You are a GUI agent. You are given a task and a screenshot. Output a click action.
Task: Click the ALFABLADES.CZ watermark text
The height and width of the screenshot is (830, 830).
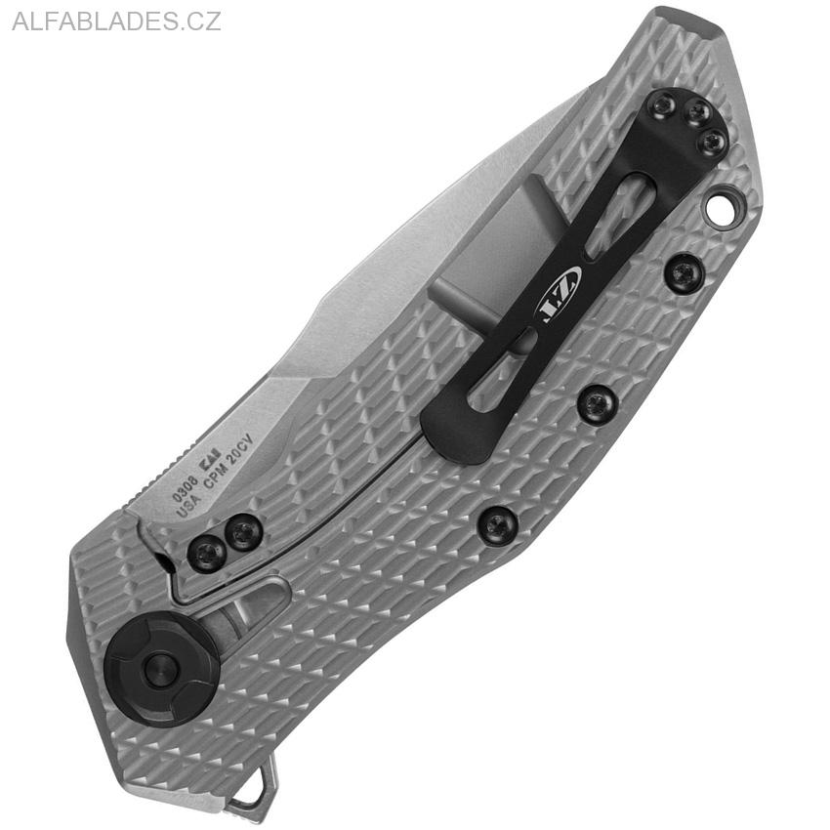point(116,21)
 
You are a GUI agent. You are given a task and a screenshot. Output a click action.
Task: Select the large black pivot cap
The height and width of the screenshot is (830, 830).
point(161,670)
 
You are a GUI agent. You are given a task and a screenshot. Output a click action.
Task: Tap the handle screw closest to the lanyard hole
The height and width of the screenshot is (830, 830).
point(684,271)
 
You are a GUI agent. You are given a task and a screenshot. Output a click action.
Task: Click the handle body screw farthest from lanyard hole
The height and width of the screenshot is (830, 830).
point(498,525)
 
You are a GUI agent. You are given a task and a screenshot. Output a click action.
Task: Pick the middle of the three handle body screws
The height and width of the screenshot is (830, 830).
point(597,402)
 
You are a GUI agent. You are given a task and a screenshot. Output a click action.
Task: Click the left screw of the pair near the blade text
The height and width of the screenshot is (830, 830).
point(207,555)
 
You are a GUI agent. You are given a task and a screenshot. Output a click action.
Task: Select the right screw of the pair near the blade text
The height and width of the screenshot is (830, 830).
point(243,532)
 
